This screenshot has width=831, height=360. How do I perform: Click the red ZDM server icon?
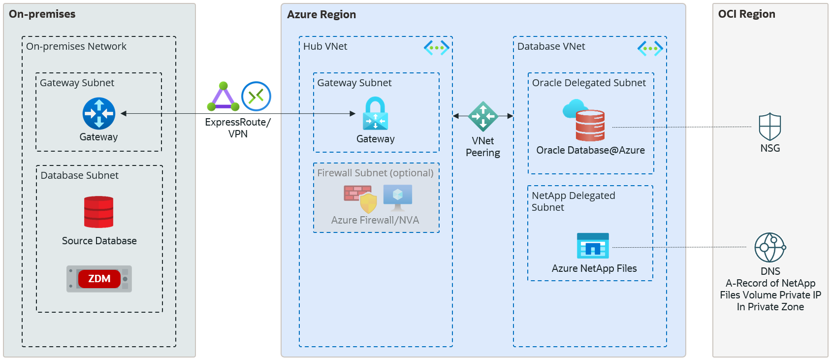click(x=99, y=279)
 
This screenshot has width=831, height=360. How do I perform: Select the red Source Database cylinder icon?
click(x=98, y=212)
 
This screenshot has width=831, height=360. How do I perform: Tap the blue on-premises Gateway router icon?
click(x=99, y=113)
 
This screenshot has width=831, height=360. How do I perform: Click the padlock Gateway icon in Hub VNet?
click(x=375, y=114)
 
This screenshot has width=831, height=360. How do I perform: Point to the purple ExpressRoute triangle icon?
click(x=223, y=97)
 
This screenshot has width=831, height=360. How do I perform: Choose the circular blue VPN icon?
click(x=256, y=96)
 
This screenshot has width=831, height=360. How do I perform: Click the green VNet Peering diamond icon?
click(x=483, y=116)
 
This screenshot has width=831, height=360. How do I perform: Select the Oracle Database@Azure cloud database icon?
click(x=585, y=121)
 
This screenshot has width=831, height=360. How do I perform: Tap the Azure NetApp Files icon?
click(x=593, y=246)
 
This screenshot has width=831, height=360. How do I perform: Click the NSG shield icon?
click(x=770, y=127)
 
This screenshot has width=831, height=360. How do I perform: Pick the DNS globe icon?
click(x=770, y=247)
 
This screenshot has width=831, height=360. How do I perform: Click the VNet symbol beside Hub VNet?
click(x=436, y=48)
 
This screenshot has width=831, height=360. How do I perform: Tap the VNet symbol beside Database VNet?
click(x=650, y=48)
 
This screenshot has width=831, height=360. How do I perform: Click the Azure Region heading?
click(x=321, y=15)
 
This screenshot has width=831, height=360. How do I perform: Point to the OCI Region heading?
click(x=746, y=14)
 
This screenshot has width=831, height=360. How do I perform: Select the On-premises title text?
click(x=42, y=14)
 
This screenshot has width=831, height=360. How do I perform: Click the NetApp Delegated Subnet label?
click(x=573, y=201)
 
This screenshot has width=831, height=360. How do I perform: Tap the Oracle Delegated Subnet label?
click(x=589, y=83)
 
